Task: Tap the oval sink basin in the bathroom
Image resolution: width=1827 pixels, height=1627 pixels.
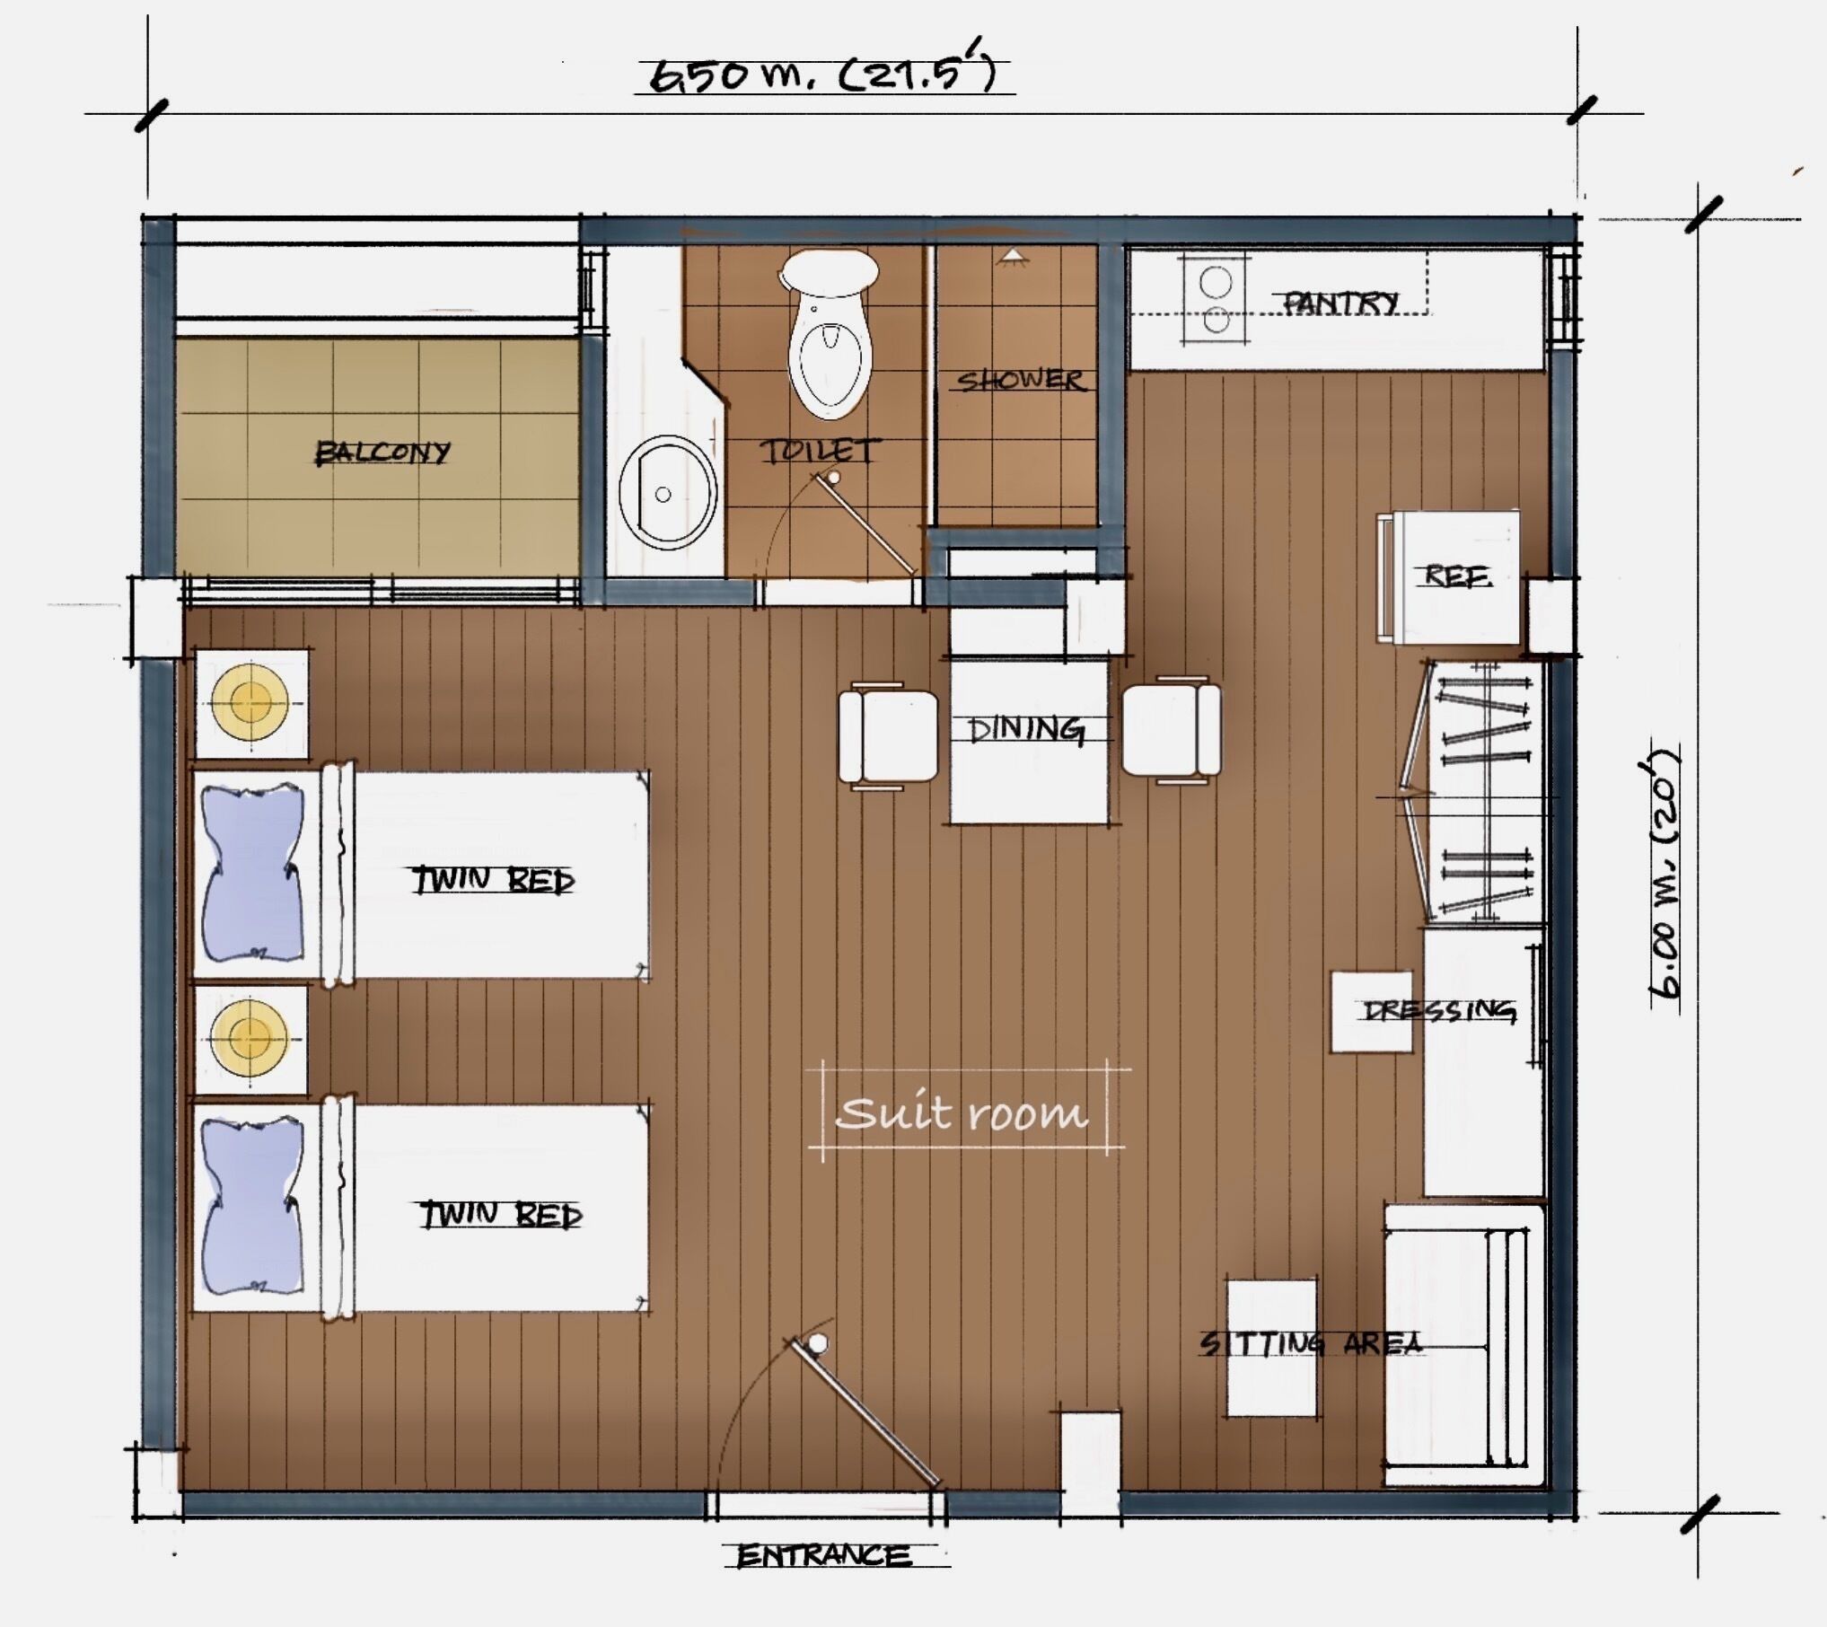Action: (x=667, y=493)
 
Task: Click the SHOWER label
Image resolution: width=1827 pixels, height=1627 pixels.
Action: (x=1021, y=381)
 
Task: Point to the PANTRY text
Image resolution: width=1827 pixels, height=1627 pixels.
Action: (x=1340, y=303)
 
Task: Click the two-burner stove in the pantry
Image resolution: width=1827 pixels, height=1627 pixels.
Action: (x=1216, y=300)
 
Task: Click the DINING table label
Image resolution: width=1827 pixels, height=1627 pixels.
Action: (x=1025, y=729)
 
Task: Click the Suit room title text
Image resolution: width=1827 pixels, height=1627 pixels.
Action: (x=962, y=1114)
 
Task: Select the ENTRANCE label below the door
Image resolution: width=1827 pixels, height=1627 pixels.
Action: (x=823, y=1555)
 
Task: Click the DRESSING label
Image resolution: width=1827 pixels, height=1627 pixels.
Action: (x=1440, y=1012)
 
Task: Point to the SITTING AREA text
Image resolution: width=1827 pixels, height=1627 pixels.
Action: (x=1310, y=1343)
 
